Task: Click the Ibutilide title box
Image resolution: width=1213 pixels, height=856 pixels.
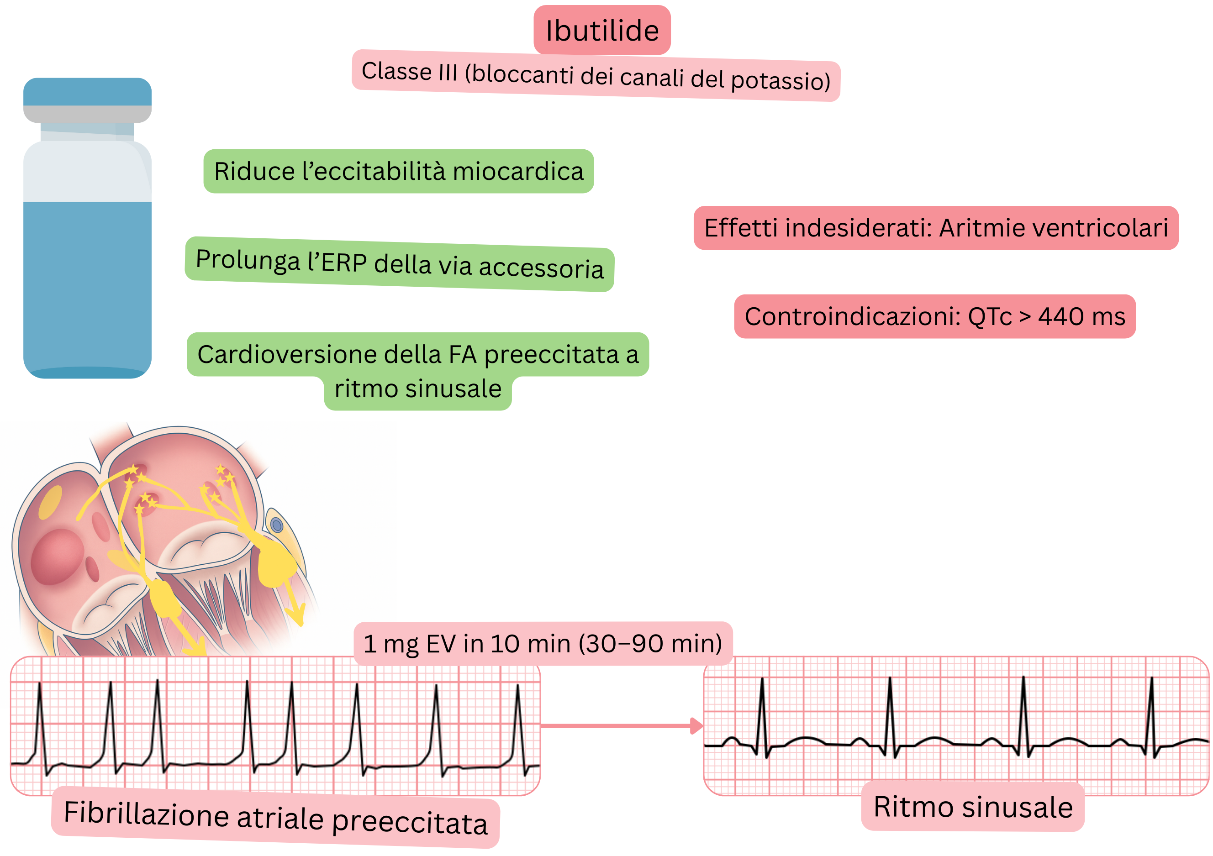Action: [x=602, y=30]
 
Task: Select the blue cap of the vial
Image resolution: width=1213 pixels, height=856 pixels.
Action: [x=87, y=91]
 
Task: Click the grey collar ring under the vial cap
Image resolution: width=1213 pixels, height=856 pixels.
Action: [x=87, y=114]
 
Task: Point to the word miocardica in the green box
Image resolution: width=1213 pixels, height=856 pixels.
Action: [x=518, y=172]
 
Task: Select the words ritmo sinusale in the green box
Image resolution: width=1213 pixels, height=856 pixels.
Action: [x=417, y=389]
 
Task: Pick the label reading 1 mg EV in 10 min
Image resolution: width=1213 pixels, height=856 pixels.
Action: [x=543, y=644]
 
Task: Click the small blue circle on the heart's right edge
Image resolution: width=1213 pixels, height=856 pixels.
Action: [x=277, y=525]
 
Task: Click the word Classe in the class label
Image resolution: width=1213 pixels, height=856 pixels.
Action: [x=397, y=71]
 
